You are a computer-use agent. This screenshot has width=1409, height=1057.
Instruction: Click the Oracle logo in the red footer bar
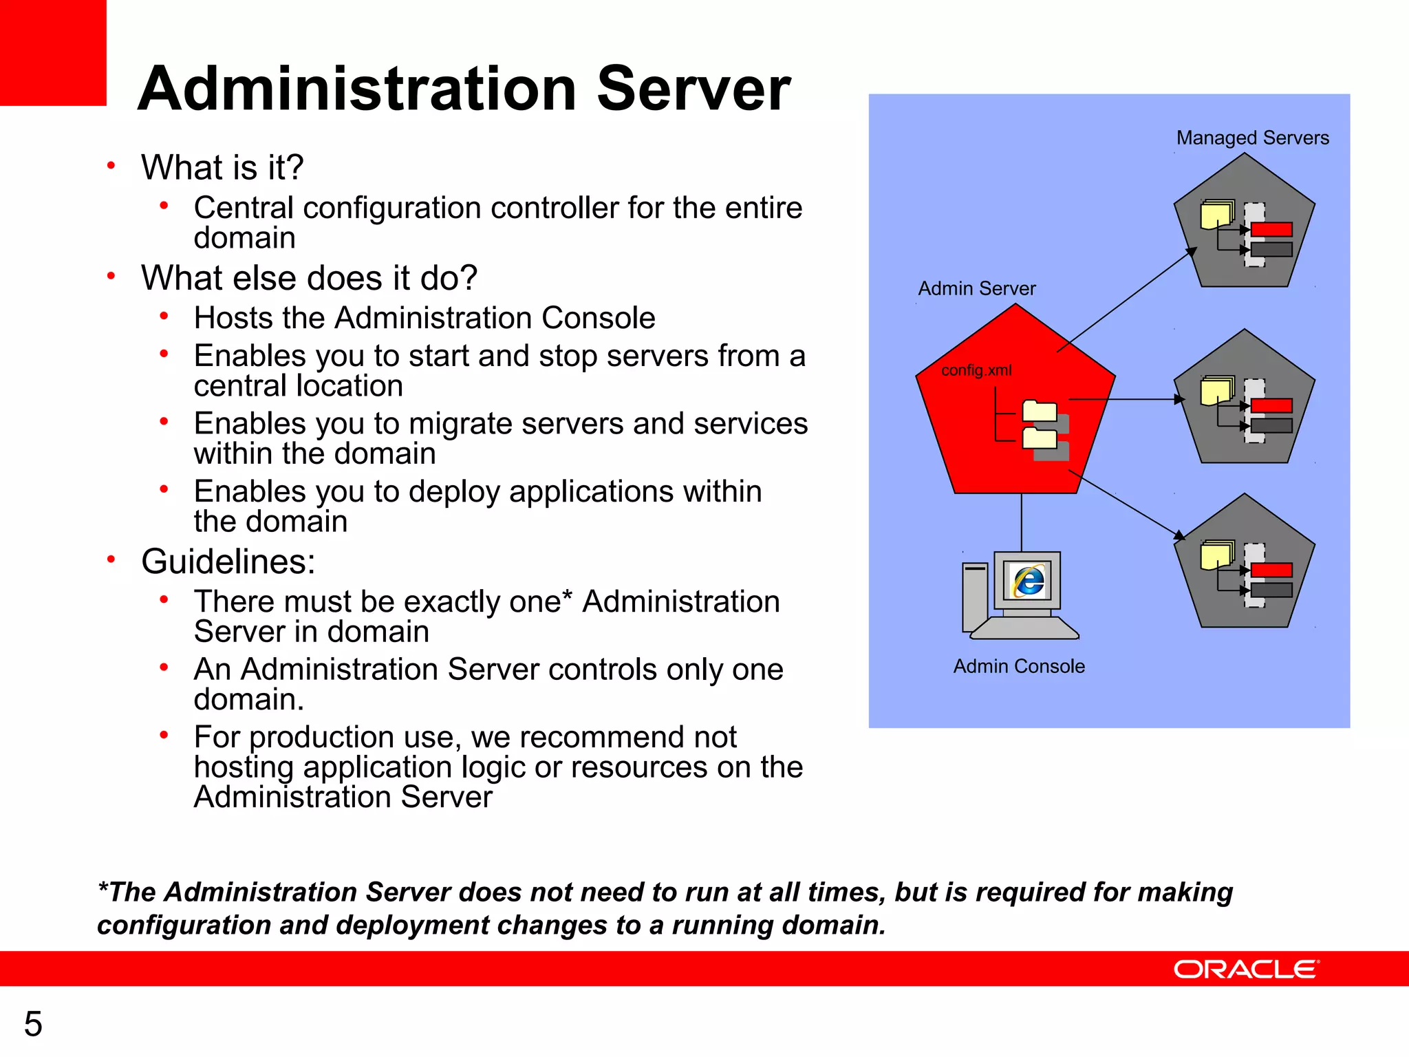point(1246,969)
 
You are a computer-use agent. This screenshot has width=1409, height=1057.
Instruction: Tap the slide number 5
point(33,1024)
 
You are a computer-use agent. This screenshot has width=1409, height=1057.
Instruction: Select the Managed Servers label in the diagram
point(1252,138)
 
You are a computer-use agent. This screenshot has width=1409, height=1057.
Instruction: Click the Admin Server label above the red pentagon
point(976,288)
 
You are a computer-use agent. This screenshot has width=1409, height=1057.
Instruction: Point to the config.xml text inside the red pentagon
point(976,370)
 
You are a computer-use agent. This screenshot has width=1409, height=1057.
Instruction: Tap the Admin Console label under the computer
point(1019,666)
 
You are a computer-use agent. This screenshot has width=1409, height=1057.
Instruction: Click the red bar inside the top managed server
point(1271,230)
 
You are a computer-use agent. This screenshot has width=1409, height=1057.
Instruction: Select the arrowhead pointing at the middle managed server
point(1180,399)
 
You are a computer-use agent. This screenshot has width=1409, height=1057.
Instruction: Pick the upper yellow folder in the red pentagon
point(1040,411)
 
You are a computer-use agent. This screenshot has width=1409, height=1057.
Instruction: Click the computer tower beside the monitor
point(974,596)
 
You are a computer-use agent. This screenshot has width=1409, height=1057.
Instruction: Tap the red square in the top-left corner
point(52,52)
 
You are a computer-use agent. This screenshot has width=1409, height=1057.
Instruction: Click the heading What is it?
point(222,167)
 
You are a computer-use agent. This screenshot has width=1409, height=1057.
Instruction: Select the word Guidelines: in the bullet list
point(228,562)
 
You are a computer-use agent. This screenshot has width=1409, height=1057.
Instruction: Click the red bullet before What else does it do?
point(111,276)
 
